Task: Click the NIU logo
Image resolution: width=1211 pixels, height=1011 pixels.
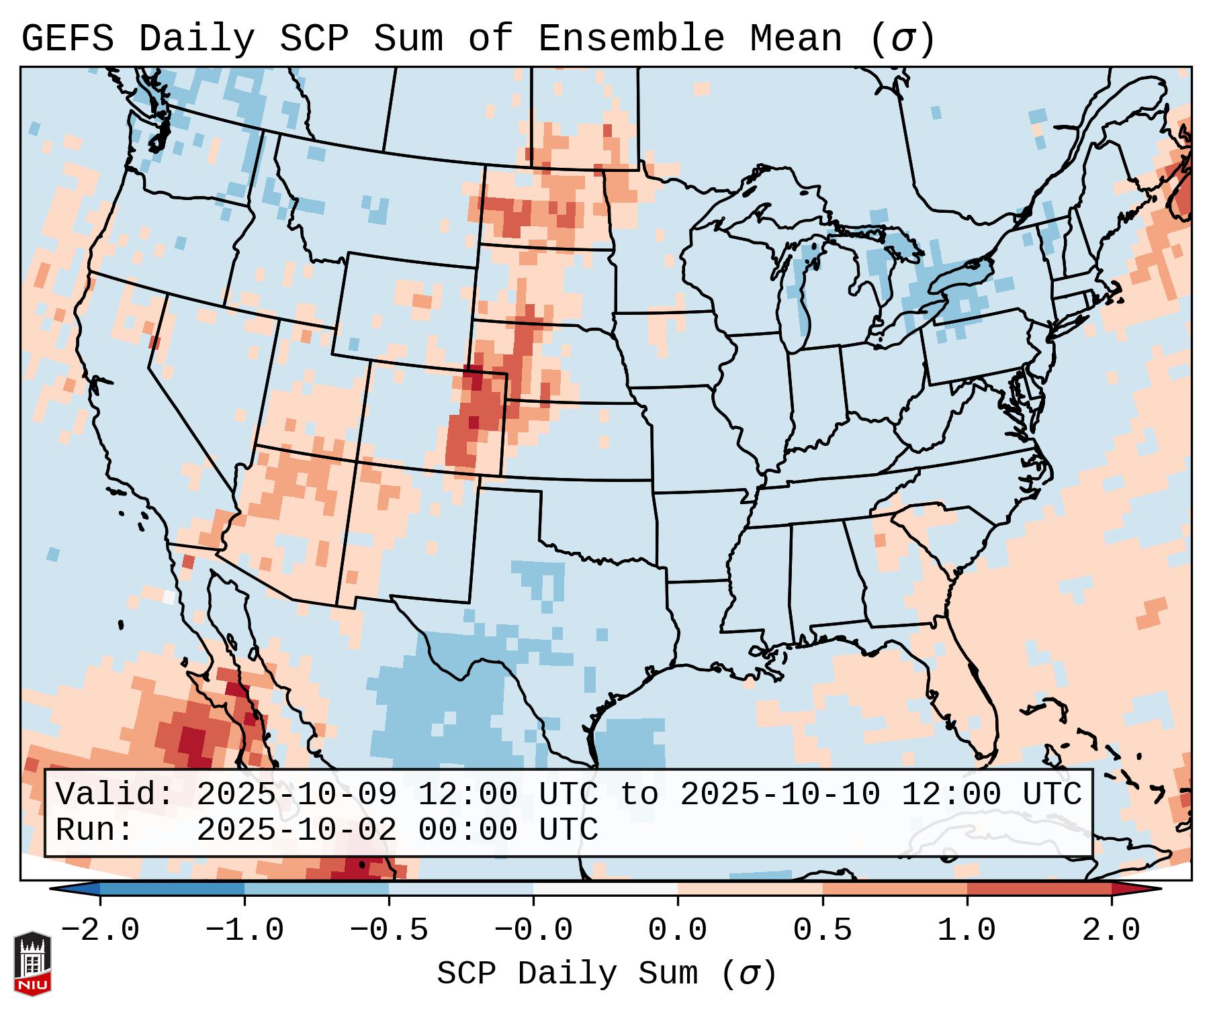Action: tap(32, 963)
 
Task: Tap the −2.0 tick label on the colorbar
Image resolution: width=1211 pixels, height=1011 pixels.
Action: tap(100, 930)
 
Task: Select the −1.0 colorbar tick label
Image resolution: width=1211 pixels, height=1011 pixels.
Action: tap(244, 930)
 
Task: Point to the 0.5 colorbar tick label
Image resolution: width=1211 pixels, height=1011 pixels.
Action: tap(822, 930)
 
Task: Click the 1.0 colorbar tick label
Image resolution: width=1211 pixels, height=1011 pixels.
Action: tap(967, 930)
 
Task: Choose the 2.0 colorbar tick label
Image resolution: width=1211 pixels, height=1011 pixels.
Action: tap(1111, 930)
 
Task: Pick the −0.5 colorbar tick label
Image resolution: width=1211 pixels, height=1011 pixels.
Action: tap(389, 930)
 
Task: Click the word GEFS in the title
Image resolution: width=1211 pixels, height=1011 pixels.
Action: tap(67, 39)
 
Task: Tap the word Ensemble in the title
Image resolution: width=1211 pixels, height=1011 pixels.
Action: tap(631, 39)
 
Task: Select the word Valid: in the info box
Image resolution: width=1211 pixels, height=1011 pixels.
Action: tap(115, 794)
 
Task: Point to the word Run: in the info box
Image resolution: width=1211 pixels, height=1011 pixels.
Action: tap(95, 830)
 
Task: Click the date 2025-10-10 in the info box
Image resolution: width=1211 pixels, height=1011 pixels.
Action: tap(780, 794)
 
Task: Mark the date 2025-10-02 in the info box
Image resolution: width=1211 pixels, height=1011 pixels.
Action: tap(296, 830)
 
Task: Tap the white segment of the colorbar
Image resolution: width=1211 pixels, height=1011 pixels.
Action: tap(605, 889)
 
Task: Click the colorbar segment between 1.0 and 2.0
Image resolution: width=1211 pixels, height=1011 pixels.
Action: tap(1038, 889)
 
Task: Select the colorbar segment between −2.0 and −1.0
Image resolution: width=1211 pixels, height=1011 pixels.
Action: tap(172, 889)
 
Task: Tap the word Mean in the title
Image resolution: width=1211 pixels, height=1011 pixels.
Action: tap(796, 39)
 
